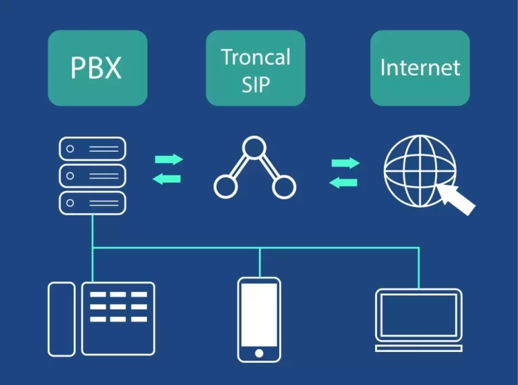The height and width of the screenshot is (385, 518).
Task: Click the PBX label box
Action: click(x=97, y=67)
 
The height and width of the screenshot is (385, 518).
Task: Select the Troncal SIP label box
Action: click(x=256, y=67)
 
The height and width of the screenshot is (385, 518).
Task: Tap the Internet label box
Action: click(x=420, y=67)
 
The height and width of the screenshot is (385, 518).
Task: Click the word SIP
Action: click(x=256, y=84)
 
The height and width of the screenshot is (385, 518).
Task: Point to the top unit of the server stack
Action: click(x=92, y=148)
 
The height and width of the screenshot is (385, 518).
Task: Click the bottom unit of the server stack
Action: click(x=92, y=203)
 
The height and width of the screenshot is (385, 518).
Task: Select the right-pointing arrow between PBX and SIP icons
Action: click(x=169, y=160)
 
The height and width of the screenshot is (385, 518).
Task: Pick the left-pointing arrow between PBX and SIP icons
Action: click(x=169, y=179)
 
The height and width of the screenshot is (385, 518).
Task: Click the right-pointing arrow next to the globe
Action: click(x=345, y=163)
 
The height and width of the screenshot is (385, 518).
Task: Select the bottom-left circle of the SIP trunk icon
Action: click(x=226, y=185)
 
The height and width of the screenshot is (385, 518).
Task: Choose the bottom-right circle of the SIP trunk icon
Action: click(x=284, y=185)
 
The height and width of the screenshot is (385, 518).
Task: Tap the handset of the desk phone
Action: click(x=61, y=319)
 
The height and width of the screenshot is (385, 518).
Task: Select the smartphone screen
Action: click(x=259, y=314)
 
